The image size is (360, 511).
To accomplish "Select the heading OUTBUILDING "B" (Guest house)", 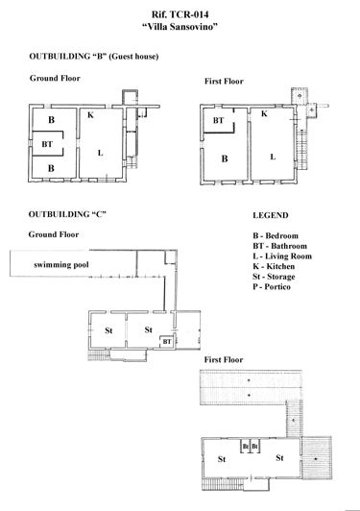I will pyautogui.click(x=87, y=57).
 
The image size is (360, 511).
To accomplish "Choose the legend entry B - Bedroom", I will pyautogui.click(x=276, y=234).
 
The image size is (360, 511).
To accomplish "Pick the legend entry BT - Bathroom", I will pyautogui.click(x=280, y=246).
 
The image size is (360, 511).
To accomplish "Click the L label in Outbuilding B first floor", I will pyautogui.click(x=273, y=156).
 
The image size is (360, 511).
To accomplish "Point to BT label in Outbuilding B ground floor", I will pyautogui.click(x=47, y=144).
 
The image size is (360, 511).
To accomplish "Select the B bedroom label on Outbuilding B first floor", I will pyautogui.click(x=225, y=161).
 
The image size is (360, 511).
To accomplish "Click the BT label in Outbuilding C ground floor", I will pyautogui.click(x=166, y=341).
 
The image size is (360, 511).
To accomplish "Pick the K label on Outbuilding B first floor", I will pyautogui.click(x=264, y=113).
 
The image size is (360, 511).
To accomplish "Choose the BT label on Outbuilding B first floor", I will pyautogui.click(x=219, y=121).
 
